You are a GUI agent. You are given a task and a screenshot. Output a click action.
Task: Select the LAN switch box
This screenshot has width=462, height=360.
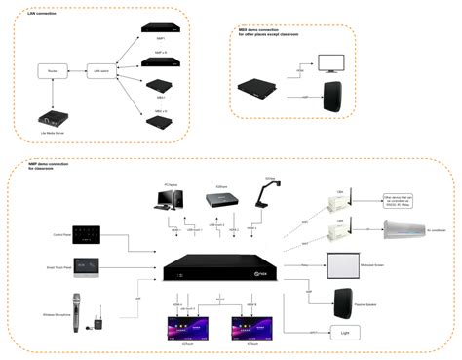coord(98,71)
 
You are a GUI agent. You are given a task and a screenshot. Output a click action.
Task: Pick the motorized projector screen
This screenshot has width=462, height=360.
coord(341,263)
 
